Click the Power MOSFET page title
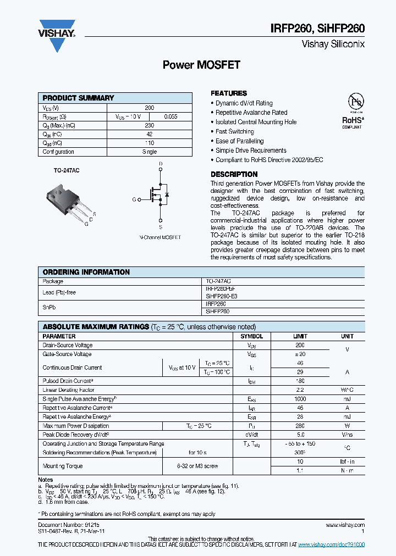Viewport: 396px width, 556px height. (x=201, y=65)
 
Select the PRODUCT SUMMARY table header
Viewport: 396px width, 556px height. (x=78, y=98)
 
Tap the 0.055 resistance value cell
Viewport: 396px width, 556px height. (x=171, y=116)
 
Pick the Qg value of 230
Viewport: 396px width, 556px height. (x=149, y=125)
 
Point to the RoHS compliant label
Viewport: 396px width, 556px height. (x=353, y=122)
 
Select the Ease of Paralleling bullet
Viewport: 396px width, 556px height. (x=239, y=141)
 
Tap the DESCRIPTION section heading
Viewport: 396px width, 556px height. (x=234, y=174)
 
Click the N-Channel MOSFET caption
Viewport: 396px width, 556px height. (x=159, y=237)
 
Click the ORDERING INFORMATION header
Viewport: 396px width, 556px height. (x=86, y=272)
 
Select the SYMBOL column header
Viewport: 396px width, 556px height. (x=251, y=336)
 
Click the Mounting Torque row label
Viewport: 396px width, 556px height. (x=63, y=466)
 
